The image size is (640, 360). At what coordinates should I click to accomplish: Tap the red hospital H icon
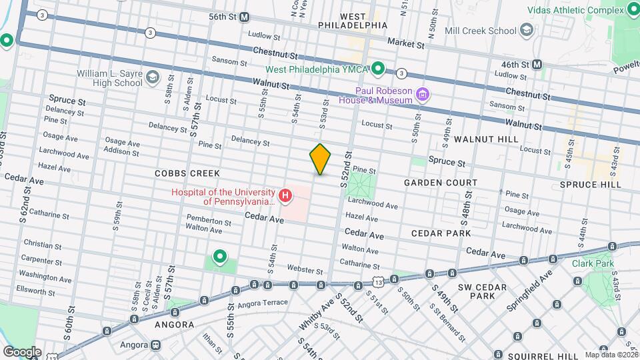click(x=285, y=196)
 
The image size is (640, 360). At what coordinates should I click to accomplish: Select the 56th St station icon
click(x=244, y=17)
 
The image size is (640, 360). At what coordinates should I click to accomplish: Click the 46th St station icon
click(x=537, y=65)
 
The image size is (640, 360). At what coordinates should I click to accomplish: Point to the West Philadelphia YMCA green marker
click(x=378, y=67)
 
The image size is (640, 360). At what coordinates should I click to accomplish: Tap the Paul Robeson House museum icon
click(x=421, y=95)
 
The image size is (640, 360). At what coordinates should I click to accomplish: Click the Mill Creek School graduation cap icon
click(x=527, y=30)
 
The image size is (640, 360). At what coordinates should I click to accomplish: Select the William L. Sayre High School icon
click(x=152, y=77)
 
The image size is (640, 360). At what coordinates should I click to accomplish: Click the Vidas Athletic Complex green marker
click(x=633, y=10)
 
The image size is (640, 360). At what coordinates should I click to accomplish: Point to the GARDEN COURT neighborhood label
click(x=441, y=182)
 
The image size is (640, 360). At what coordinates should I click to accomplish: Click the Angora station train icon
click(x=155, y=345)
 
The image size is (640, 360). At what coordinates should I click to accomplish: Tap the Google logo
click(x=21, y=351)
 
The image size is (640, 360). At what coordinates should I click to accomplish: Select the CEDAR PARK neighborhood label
click(x=441, y=233)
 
